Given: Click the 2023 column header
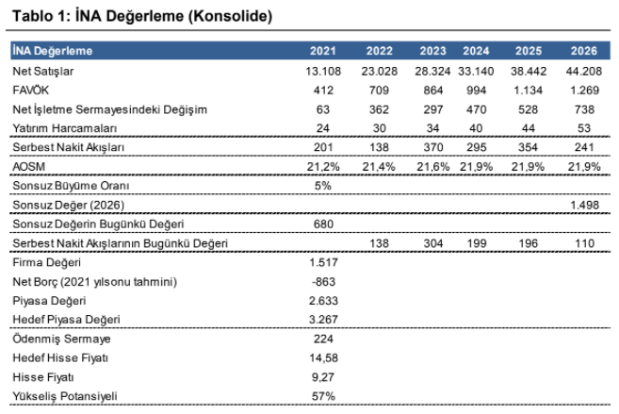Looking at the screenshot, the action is click(432, 51).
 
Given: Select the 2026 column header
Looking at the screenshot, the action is click(584, 51).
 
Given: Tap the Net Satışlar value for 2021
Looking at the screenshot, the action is click(323, 71).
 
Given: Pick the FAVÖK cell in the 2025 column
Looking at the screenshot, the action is click(528, 91).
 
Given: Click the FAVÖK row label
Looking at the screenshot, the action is click(31, 91).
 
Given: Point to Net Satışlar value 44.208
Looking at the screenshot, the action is click(584, 71).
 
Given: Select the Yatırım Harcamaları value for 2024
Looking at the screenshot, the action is click(476, 128).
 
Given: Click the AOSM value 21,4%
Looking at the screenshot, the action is click(379, 166).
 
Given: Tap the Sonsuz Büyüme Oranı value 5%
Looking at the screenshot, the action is click(323, 185).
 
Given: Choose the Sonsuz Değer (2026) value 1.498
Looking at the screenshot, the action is click(585, 205).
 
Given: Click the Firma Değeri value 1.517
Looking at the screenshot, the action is click(323, 262).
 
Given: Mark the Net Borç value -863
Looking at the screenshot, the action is click(323, 282).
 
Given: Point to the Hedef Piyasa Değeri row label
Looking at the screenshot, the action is click(66, 319).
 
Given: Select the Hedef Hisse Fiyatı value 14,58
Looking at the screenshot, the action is click(324, 358).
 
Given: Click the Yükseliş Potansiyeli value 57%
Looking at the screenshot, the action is click(323, 396).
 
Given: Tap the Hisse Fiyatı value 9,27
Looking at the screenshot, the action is click(323, 377).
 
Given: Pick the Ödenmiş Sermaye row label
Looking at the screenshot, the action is click(61, 339).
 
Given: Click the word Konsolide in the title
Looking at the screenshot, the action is click(231, 16).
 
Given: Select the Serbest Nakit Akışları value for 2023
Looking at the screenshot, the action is click(433, 147).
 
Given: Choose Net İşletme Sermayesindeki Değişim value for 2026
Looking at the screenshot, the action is click(584, 109).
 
